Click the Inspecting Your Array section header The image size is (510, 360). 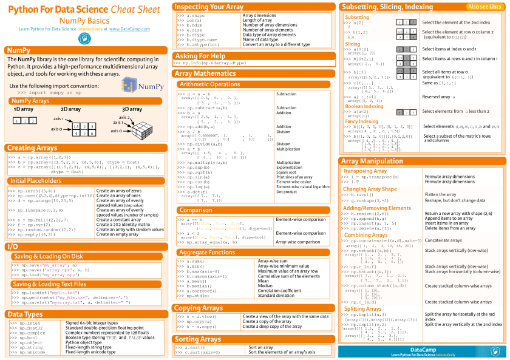[209, 7]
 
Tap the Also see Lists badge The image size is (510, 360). [484, 7]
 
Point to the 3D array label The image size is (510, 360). [132, 109]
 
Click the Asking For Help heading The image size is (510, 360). [200, 56]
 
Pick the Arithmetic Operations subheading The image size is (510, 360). [210, 84]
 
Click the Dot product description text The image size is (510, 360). [287, 192]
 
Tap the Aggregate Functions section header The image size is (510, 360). [207, 252]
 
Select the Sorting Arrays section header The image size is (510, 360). [197, 339]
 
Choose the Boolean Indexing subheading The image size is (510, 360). [364, 106]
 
